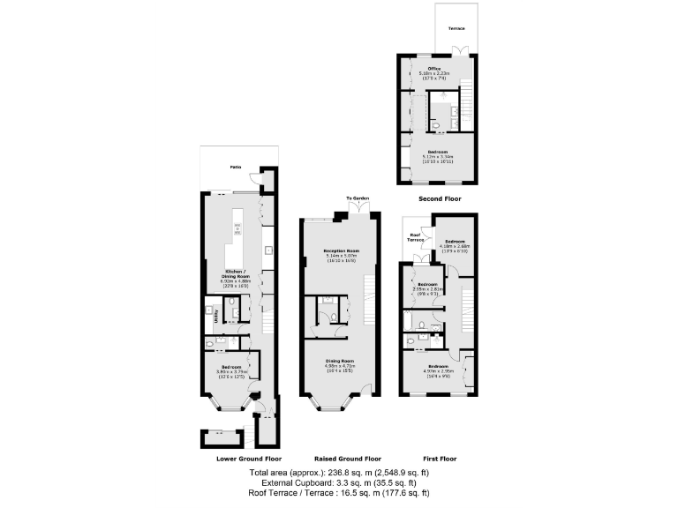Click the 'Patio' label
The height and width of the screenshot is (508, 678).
pos(235,167)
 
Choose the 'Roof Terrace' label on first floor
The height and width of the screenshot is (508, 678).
pos(416,238)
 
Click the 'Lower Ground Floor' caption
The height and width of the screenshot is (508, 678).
pos(249,459)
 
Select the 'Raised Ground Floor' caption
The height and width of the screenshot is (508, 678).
pos(348,459)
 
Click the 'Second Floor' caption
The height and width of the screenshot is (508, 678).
pos(440,199)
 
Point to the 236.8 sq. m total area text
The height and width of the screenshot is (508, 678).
pos(340,474)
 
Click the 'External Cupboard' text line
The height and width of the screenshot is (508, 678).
pos(340,484)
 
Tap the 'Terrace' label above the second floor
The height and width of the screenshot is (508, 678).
pos(456,28)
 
